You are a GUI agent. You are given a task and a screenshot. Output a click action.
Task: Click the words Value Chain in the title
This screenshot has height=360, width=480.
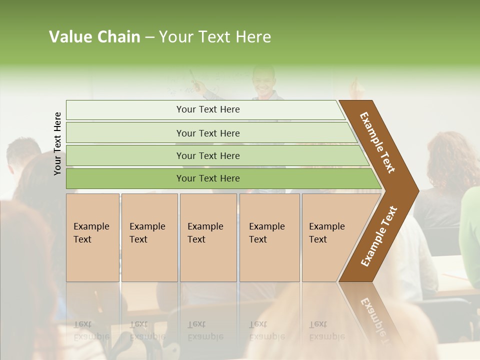coord(94,37)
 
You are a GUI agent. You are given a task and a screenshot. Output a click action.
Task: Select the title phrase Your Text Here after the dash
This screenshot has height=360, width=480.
coord(215,37)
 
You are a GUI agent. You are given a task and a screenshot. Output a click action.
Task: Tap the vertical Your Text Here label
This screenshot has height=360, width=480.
coord(57,143)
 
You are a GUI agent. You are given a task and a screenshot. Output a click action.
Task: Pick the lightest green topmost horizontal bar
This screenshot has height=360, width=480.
coord(205,109)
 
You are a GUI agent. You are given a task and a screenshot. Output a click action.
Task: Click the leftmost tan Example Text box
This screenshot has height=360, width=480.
coord(92,237)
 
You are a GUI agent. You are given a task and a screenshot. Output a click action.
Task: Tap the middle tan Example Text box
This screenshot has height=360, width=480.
coord(208,237)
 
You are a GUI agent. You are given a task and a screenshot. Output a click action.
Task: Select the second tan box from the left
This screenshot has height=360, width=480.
coord(149,237)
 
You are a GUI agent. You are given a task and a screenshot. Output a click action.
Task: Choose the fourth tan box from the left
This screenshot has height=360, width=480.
coord(269,237)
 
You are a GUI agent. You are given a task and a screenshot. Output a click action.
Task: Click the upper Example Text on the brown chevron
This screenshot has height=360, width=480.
coord(377,142)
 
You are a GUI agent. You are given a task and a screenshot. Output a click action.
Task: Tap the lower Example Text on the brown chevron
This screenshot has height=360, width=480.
coord(378,236)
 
